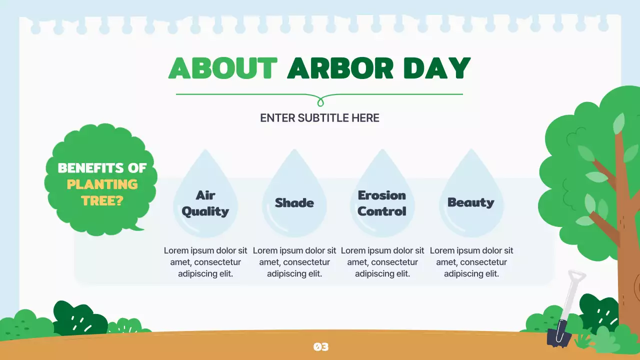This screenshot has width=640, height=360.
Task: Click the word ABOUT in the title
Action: tap(222, 68)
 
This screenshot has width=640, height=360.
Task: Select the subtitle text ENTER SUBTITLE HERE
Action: tap(319, 118)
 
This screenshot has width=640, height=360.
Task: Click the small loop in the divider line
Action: tap(320, 102)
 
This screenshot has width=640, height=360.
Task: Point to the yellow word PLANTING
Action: tap(102, 184)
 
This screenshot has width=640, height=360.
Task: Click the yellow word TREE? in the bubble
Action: tap(102, 200)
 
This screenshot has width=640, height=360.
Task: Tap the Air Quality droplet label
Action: tap(205, 203)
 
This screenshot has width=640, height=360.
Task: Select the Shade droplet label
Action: tap(294, 203)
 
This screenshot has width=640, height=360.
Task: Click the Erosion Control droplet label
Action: tap(382, 203)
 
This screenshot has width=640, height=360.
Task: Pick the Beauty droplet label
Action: tap(470, 202)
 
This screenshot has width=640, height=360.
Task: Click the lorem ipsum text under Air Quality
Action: tap(205, 262)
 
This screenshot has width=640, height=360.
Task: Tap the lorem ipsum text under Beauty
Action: tap(471, 262)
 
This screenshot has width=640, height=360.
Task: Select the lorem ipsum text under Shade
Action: tap(294, 262)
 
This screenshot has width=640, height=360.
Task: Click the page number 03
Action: tap(320, 346)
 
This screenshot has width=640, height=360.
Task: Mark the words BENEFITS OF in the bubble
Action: tap(102, 168)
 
